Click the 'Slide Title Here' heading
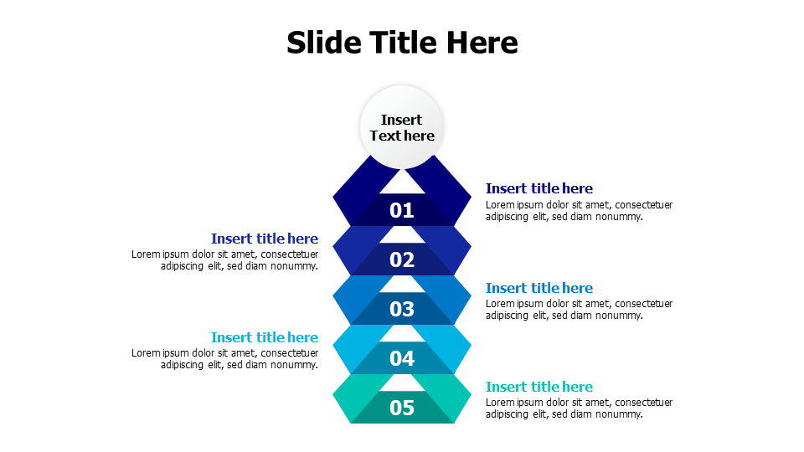[402, 42]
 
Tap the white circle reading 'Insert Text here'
[402, 127]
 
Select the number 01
[402, 210]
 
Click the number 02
[402, 259]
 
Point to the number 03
[402, 309]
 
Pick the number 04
[402, 359]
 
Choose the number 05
[402, 408]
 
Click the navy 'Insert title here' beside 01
[539, 188]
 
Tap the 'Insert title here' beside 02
[265, 239]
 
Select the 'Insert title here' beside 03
[539, 288]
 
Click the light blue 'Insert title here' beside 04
[265, 337]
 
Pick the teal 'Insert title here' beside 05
[539, 387]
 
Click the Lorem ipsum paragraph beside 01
[579, 211]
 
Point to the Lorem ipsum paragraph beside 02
[224, 260]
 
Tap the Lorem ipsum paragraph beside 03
[579, 310]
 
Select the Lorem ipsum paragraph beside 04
[224, 359]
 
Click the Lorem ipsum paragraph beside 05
[579, 408]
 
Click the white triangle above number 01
[403, 184]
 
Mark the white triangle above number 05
[403, 384]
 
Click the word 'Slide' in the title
[324, 42]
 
